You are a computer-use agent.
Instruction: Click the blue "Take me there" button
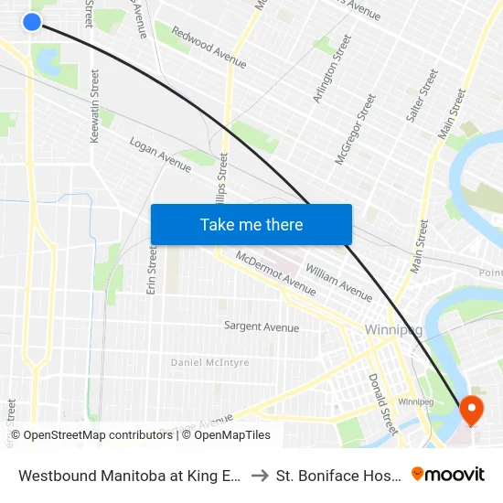(251, 224)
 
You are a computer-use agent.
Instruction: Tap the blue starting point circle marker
(32, 21)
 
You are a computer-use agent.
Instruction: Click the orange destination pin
(472, 410)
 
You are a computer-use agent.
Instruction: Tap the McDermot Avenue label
(275, 273)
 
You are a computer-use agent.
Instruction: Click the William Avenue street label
(339, 283)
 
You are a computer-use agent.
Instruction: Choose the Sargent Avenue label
(262, 326)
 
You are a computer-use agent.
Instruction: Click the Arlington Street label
(332, 69)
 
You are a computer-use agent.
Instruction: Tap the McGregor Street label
(356, 129)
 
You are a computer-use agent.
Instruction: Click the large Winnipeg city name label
(392, 329)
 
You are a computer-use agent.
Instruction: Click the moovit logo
(448, 474)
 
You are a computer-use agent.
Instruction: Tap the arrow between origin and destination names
(259, 475)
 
